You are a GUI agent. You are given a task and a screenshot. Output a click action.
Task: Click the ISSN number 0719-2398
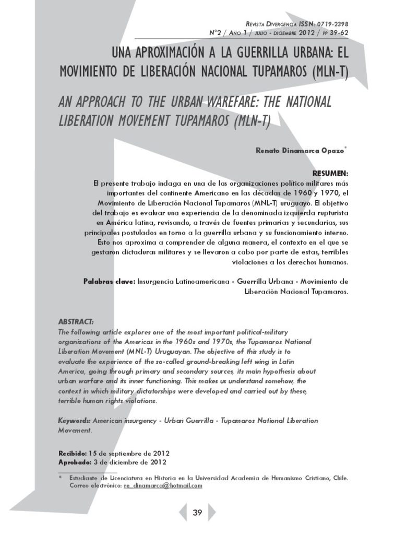click(331, 24)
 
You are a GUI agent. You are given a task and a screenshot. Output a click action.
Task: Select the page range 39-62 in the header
click(336, 32)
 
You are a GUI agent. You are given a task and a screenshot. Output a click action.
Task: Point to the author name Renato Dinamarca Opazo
click(300, 151)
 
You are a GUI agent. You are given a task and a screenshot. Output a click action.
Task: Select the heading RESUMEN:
click(330, 173)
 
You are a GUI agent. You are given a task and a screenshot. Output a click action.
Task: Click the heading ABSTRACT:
click(76, 321)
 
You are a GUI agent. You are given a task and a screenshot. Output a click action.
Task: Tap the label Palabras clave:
click(109, 282)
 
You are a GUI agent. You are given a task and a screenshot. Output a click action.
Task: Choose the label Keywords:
click(75, 420)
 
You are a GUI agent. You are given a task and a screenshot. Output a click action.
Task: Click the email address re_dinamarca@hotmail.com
click(163, 486)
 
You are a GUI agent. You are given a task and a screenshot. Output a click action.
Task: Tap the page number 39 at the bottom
click(197, 513)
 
